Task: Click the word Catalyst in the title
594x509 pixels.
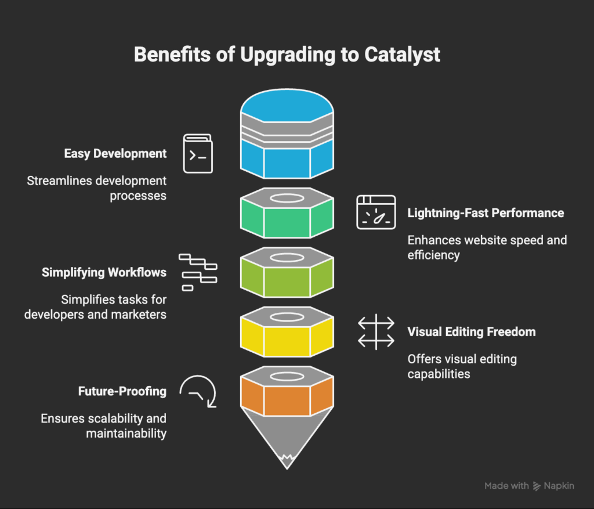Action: [x=402, y=55]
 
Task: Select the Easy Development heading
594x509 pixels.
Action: [x=115, y=154]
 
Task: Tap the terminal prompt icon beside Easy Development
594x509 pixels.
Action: [x=198, y=154]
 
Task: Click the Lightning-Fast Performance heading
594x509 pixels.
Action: [x=486, y=213]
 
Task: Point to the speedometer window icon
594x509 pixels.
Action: [x=376, y=212]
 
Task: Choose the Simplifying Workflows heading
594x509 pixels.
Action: [x=104, y=272]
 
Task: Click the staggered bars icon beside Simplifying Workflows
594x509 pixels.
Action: [x=197, y=272]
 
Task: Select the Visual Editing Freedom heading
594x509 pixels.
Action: [x=471, y=332]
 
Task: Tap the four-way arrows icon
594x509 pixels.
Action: [x=376, y=332]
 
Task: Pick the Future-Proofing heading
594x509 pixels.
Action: [x=122, y=391]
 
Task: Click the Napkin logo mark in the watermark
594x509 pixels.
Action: [x=537, y=486]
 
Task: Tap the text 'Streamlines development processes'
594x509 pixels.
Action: [x=97, y=188]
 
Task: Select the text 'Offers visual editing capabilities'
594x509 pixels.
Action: [x=462, y=366]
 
